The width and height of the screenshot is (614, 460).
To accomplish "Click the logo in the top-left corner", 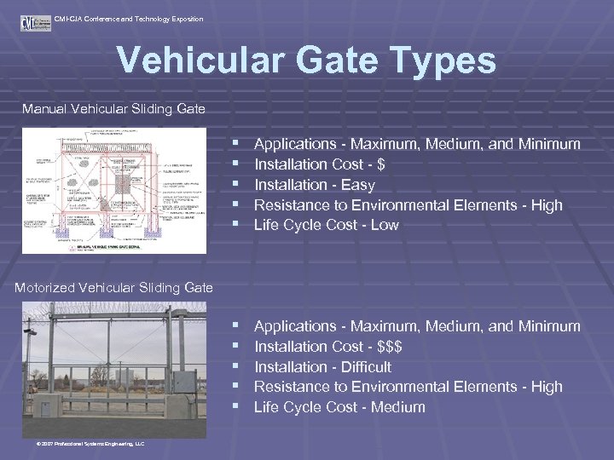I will (35, 21).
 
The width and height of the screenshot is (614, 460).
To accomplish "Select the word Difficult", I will (366, 367).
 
